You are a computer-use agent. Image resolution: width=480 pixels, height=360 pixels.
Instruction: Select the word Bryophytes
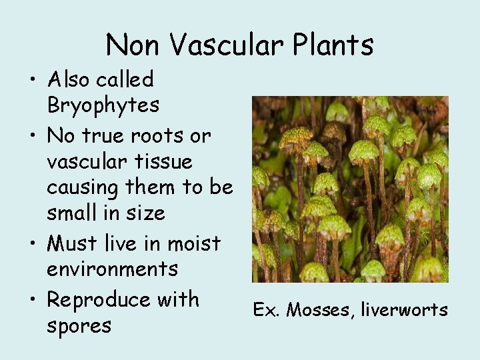[x=103, y=105]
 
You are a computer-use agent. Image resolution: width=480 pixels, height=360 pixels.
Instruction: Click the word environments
[x=113, y=269]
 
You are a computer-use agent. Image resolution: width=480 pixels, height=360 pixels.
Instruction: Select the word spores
[x=79, y=327]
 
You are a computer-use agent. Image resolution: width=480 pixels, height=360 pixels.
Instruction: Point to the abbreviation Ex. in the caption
[x=265, y=309]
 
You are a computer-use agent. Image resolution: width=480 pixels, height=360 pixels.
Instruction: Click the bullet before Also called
[x=33, y=81]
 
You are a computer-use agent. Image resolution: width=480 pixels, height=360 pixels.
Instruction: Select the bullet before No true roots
[x=33, y=137]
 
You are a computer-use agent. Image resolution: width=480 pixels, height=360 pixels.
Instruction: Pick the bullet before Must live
[x=33, y=245]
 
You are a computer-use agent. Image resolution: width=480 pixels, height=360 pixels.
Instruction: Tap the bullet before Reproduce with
[x=33, y=301]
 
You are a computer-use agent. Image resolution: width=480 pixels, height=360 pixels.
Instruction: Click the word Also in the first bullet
[x=69, y=80]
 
